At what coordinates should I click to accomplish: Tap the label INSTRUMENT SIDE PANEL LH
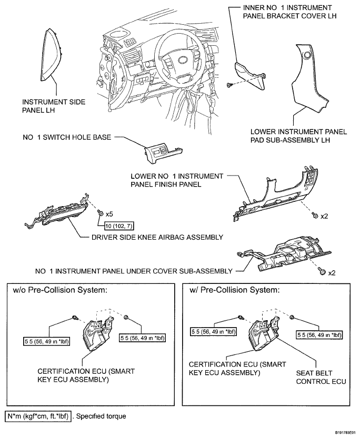[x=54, y=106]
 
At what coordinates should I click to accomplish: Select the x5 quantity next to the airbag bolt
[x=109, y=215]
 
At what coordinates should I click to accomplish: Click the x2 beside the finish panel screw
[x=324, y=216]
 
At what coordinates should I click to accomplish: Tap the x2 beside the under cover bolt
[x=332, y=273]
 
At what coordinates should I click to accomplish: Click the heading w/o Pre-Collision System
[x=60, y=290]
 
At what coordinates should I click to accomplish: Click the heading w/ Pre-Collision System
[x=234, y=290]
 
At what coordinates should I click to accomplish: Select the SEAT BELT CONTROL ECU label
[x=321, y=377]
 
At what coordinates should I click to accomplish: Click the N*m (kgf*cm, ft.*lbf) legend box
[x=38, y=416]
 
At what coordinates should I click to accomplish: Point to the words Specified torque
[x=101, y=416]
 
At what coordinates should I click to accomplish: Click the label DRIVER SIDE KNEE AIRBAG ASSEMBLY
[x=157, y=237]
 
